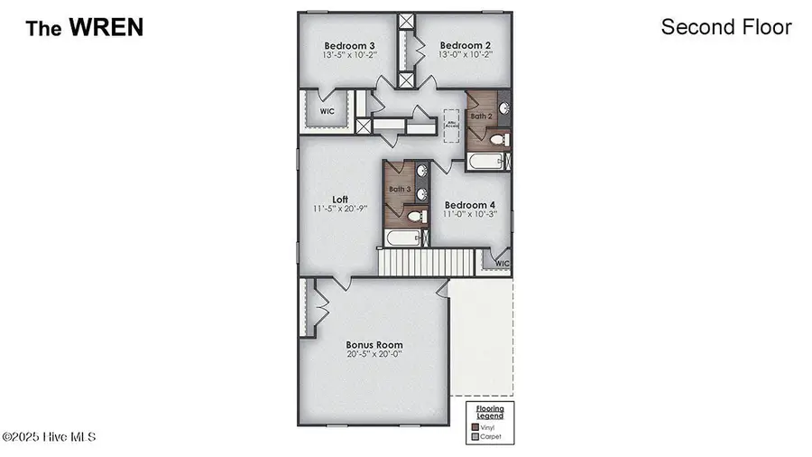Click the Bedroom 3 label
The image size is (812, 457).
(349, 45)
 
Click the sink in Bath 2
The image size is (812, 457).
(504, 108)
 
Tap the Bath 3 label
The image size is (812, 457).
(400, 189)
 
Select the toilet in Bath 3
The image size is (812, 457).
(416, 215)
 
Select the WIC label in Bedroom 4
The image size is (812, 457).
(502, 264)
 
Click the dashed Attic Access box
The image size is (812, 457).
(451, 125)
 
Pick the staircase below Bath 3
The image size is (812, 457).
(426, 263)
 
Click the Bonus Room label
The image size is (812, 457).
(374, 345)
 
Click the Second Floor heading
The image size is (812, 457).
(725, 27)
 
